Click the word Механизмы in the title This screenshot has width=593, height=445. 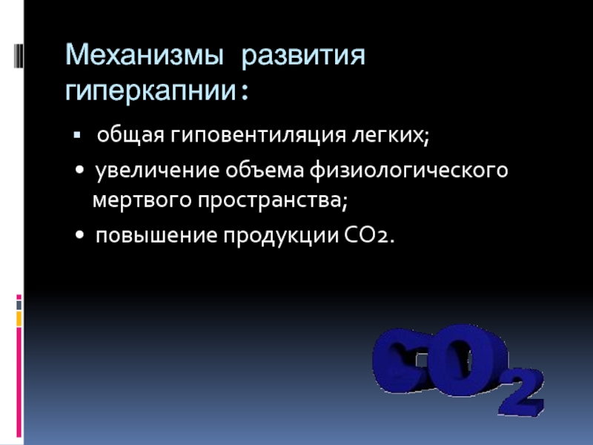(x=144, y=55)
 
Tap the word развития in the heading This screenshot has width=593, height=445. (x=303, y=56)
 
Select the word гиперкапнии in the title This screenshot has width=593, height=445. (x=150, y=90)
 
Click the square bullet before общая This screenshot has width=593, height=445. (x=77, y=135)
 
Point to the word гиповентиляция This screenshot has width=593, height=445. (x=258, y=135)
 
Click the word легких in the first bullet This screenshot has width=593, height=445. (x=388, y=135)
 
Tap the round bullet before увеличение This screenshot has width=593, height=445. (x=79, y=171)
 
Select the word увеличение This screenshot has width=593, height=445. (x=157, y=171)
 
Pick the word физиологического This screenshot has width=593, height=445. (x=409, y=171)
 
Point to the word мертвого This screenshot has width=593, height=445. (x=142, y=200)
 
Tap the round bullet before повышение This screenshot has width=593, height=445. (x=79, y=235)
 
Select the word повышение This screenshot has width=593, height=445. (x=156, y=235)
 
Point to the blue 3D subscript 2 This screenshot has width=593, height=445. (x=522, y=392)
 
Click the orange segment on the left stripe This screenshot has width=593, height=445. (x=19, y=319)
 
